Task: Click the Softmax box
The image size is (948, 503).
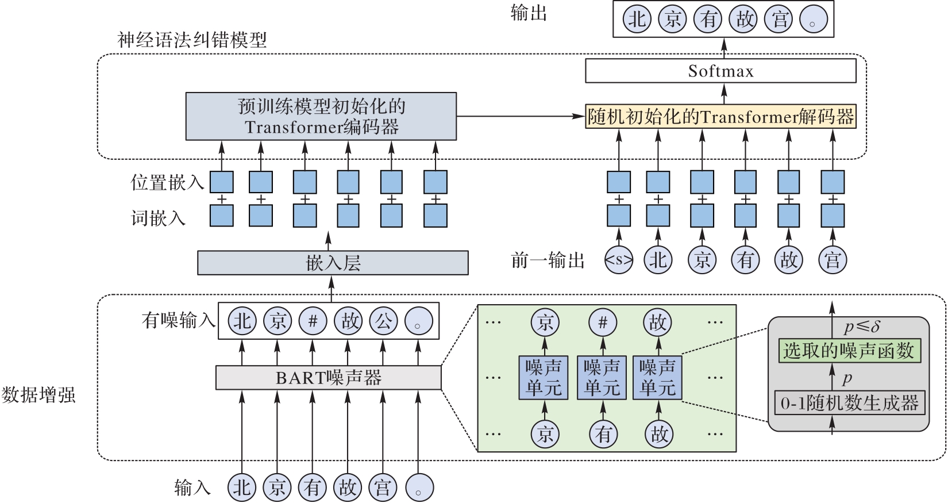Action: click(x=720, y=71)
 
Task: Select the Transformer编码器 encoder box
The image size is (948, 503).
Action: click(x=321, y=116)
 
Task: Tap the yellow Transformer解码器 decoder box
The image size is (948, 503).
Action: click(x=720, y=117)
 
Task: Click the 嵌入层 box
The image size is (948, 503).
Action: click(x=333, y=263)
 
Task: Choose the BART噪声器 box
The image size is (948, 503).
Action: click(x=328, y=378)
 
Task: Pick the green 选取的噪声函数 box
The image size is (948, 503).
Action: click(x=849, y=351)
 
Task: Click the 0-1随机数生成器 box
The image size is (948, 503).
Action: click(x=849, y=403)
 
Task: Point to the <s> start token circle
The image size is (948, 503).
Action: click(x=618, y=260)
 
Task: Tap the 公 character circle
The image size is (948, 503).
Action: click(x=383, y=321)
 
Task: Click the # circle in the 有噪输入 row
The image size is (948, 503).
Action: click(x=313, y=321)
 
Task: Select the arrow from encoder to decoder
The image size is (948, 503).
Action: click(x=520, y=117)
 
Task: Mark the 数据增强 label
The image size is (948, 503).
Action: click(x=38, y=396)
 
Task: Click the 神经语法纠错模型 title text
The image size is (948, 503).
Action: click(x=192, y=40)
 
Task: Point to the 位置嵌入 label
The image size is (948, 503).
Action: click(x=167, y=183)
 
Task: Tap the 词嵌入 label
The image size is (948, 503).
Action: click(x=158, y=218)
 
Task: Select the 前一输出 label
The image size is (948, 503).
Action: click(x=548, y=260)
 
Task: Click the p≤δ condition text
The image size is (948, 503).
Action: click(x=862, y=328)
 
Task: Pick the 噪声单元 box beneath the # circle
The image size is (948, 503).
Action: click(x=602, y=378)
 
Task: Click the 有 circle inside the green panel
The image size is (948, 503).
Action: click(x=603, y=434)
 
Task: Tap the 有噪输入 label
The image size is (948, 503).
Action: click(x=178, y=320)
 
